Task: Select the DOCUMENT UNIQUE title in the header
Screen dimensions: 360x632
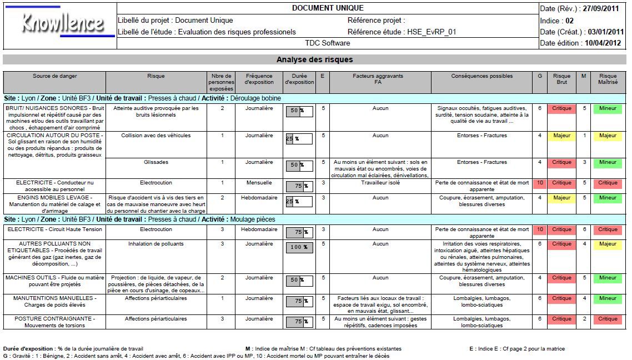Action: (328, 8)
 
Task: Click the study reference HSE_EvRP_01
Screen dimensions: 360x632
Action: (432, 32)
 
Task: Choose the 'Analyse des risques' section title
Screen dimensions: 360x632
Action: (314, 59)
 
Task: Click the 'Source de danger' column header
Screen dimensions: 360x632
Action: (54, 76)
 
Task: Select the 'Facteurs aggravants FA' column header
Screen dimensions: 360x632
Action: (380, 79)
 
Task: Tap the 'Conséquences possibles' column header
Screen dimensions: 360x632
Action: (482, 76)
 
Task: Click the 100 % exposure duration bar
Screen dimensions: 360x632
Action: (299, 247)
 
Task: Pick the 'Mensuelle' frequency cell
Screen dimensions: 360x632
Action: (259, 183)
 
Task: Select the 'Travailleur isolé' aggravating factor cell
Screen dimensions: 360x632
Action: (380, 183)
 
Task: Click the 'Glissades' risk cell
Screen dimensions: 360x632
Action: (156, 163)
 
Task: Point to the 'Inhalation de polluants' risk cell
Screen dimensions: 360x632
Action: (156, 244)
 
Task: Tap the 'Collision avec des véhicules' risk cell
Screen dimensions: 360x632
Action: (156, 136)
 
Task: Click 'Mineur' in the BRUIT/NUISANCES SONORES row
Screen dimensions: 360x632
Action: (608, 109)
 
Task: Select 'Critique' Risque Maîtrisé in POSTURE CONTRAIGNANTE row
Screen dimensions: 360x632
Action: (608, 319)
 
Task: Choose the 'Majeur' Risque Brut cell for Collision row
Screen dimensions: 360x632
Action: (561, 136)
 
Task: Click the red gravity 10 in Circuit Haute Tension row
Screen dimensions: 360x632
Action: (539, 229)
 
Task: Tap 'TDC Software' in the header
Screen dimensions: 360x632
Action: (328, 43)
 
